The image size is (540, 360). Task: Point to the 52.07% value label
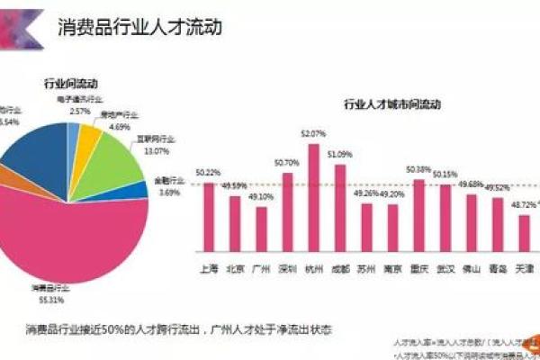click(x=312, y=133)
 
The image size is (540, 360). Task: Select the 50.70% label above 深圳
click(x=287, y=163)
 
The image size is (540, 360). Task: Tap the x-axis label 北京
click(x=234, y=268)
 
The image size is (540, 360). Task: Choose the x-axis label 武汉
click(x=445, y=268)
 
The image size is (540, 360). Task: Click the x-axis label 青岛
click(x=498, y=268)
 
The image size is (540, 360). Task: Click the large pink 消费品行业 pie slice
click(x=81, y=243)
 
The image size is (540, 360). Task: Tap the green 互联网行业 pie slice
click(x=112, y=162)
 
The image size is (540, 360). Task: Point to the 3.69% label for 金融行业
click(x=169, y=192)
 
